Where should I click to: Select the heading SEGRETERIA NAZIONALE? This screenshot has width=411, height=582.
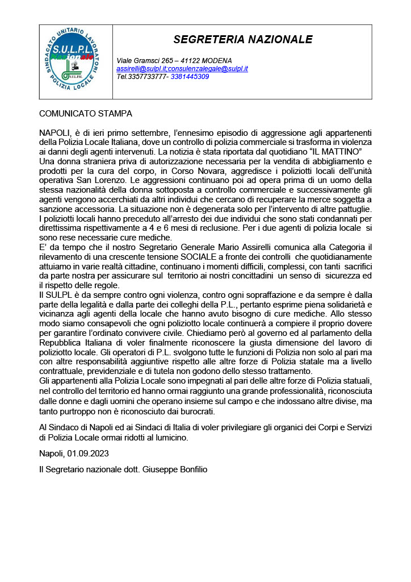click(x=243, y=39)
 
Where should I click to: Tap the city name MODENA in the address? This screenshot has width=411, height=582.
click(x=216, y=61)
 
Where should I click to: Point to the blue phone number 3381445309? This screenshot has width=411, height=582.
click(x=190, y=76)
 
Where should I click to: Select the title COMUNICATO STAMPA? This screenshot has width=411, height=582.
click(x=85, y=114)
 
